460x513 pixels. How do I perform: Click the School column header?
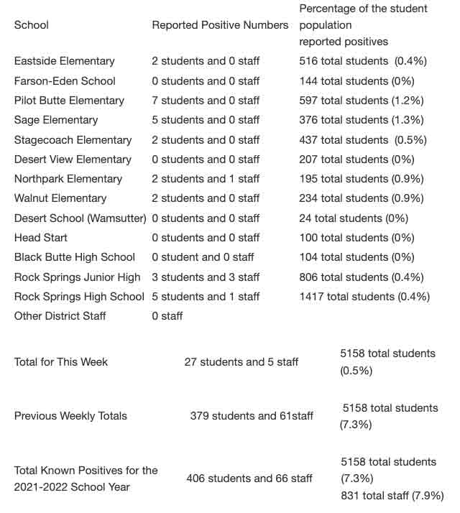(32, 25)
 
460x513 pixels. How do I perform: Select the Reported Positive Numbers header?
(220, 25)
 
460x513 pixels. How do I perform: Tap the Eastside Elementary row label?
(64, 61)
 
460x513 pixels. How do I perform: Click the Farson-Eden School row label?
(65, 81)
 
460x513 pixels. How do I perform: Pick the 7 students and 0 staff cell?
(206, 101)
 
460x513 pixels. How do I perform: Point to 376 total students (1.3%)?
(372, 120)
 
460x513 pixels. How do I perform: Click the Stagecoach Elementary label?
(73, 140)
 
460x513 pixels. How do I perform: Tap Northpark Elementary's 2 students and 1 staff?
(206, 179)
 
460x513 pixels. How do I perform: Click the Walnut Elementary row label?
(60, 198)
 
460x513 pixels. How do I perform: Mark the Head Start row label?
(37, 238)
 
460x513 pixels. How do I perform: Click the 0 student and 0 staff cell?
(203, 257)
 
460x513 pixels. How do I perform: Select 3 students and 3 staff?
(206, 277)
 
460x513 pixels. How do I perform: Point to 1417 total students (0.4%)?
(364, 297)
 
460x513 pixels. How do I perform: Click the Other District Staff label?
(60, 316)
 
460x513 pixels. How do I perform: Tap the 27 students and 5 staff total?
(241, 362)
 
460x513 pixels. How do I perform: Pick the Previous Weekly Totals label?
(70, 416)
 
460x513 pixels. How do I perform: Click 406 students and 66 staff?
(249, 479)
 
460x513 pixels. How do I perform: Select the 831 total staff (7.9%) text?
(392, 496)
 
